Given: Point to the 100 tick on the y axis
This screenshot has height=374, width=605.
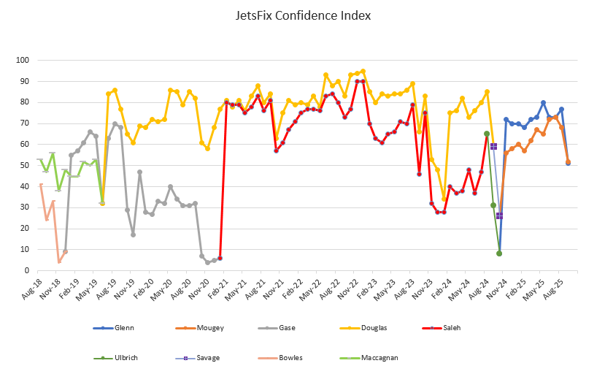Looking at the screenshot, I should (x=22, y=61).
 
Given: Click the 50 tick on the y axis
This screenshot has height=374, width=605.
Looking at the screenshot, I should (x=24, y=166).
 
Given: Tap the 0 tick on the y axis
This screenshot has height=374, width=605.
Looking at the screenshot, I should (x=26, y=271).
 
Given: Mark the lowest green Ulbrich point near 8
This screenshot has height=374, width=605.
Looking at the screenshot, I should (x=499, y=253).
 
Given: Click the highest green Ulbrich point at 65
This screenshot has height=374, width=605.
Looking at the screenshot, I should (x=487, y=134).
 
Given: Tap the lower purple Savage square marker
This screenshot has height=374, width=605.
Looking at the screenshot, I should (x=499, y=215).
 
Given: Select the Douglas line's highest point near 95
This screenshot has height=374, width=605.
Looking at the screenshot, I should (x=363, y=71).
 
